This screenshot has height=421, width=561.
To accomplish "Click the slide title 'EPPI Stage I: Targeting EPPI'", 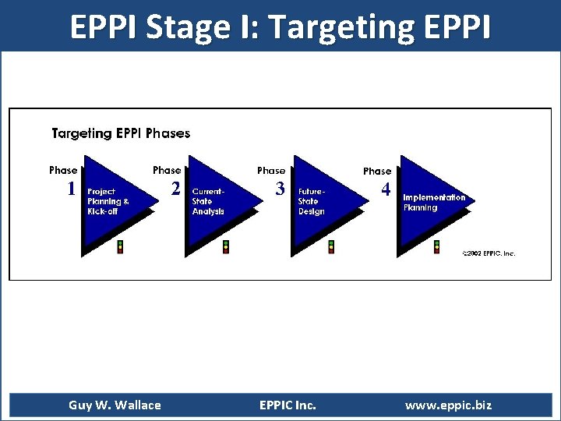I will [x=280, y=26].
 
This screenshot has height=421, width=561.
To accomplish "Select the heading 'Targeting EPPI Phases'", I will [x=121, y=133].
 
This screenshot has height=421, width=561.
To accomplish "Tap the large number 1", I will [x=71, y=189].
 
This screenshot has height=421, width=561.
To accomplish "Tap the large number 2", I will [x=176, y=189].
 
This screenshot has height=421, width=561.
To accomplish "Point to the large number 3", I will [x=280, y=189].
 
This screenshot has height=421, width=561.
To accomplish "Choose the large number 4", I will [x=386, y=189].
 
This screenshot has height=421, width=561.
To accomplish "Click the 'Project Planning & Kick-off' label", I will [x=108, y=200].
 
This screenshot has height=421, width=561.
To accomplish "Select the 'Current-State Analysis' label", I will [x=208, y=200].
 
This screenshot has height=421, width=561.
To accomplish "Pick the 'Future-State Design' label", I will [x=312, y=200].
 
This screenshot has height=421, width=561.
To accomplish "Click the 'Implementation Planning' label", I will [x=434, y=202].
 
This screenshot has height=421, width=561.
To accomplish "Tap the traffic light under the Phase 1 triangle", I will [x=120, y=247].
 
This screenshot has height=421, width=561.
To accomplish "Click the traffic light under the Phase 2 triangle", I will [x=226, y=247].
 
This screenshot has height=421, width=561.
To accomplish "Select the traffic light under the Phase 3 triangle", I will [x=331, y=247].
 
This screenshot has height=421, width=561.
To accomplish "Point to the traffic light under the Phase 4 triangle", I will [x=437, y=247].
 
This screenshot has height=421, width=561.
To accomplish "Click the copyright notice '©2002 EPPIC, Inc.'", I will [x=489, y=253].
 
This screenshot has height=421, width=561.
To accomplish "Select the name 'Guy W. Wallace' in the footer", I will [x=115, y=405].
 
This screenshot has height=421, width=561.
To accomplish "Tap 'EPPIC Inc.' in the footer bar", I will [x=288, y=405].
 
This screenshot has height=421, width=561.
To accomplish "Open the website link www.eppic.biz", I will [x=448, y=405].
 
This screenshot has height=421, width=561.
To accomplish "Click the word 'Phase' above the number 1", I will [x=63, y=170].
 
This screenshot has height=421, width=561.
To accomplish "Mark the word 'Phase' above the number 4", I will [x=377, y=171].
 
